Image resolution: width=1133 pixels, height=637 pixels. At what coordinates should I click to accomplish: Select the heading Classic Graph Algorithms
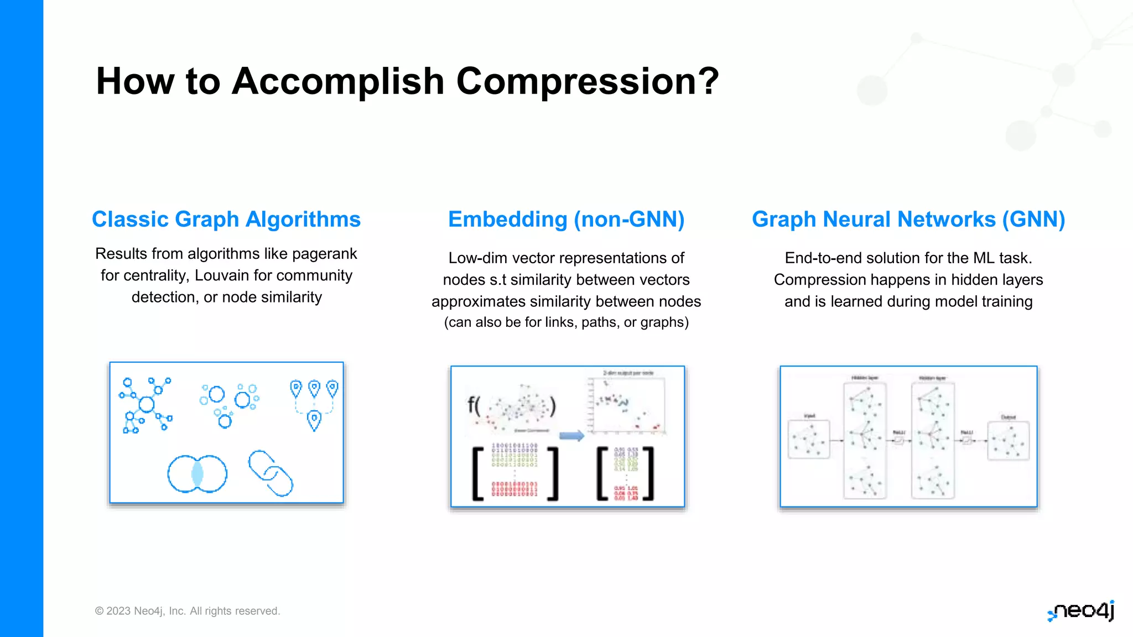pos(226,220)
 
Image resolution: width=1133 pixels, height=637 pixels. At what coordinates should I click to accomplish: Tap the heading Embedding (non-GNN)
pos(566,220)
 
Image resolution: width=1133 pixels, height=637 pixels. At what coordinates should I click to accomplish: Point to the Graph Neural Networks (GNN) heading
pos(908,220)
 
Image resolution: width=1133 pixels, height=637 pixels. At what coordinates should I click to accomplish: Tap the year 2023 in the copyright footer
pos(118,611)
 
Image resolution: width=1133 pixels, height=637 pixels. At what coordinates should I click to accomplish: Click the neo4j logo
pos(1082,611)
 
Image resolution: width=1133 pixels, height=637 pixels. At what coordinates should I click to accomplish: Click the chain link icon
pos(271,473)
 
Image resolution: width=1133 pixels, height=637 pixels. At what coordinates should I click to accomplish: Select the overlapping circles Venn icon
pos(198,474)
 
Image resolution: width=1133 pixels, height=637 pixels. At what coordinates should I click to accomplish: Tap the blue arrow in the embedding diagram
pos(571,436)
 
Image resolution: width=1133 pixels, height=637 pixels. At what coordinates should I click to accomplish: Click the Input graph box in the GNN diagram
pos(809,440)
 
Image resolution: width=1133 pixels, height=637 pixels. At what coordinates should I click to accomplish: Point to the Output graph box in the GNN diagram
pos(1009,441)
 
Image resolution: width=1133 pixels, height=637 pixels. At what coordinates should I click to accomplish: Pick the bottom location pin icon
pos(314,421)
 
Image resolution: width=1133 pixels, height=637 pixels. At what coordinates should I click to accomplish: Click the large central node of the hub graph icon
pos(147,404)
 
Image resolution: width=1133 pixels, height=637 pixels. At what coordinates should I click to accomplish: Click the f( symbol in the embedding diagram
pos(474,405)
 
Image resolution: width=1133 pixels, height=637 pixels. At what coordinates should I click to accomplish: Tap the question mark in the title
pos(709,82)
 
